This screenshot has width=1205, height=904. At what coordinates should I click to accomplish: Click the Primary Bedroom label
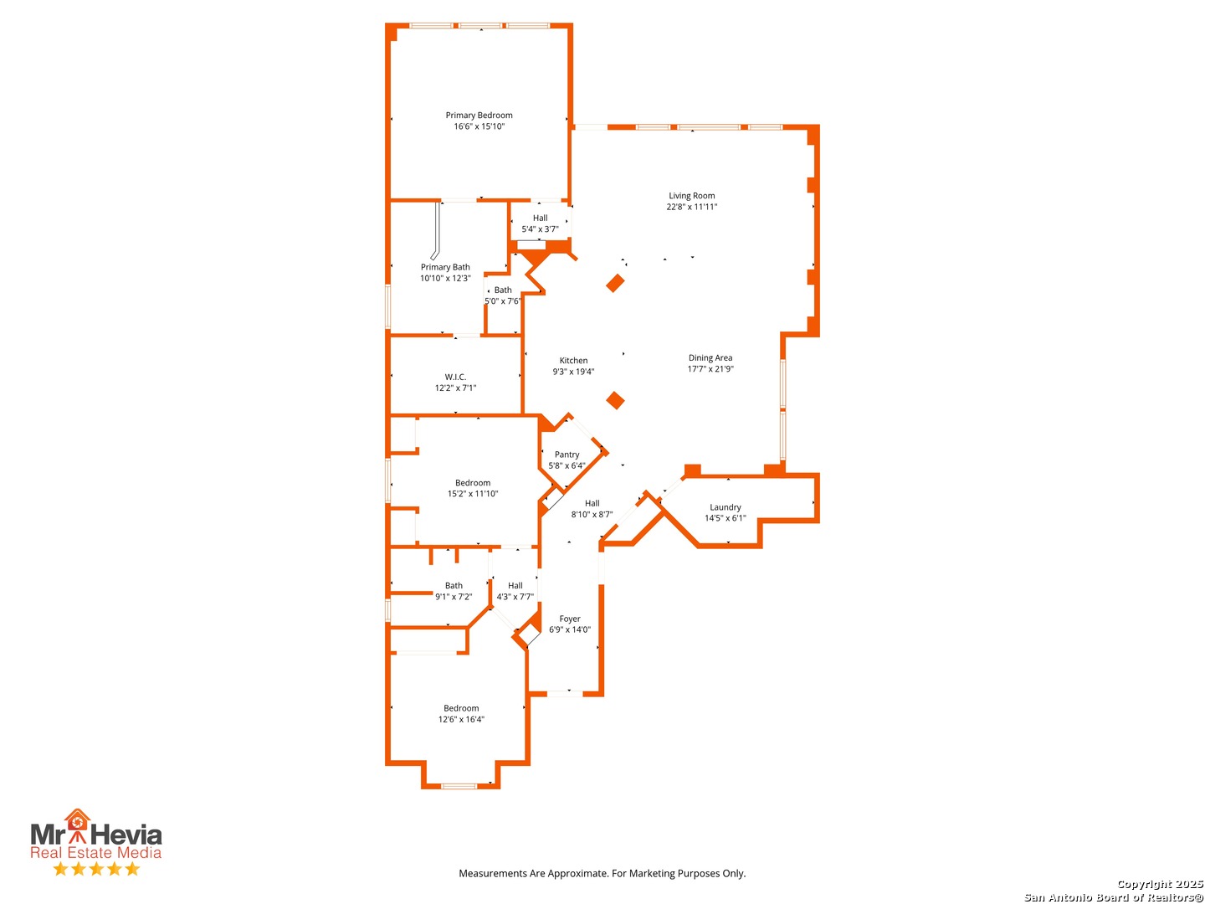coord(479,116)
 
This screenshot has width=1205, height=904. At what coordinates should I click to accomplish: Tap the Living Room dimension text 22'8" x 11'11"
coord(691,207)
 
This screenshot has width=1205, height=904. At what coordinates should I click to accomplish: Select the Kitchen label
coord(573,361)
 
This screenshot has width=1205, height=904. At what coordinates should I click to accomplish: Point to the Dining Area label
coord(710,358)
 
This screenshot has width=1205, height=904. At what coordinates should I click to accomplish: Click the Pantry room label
coord(567,455)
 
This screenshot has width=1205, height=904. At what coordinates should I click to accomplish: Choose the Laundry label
coord(725,507)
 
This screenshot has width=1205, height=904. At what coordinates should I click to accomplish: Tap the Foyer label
coord(569,619)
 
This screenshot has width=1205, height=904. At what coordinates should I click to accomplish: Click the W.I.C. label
coord(455,377)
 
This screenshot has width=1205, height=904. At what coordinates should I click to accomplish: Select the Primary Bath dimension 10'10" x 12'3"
coord(444,278)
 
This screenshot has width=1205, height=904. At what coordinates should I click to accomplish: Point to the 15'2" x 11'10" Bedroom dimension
coord(472,494)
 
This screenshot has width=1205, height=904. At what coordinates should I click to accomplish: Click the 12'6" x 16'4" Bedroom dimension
coord(460,719)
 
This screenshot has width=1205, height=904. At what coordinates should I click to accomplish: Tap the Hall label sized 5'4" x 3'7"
coord(540,218)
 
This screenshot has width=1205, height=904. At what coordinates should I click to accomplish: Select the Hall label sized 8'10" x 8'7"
coord(592,503)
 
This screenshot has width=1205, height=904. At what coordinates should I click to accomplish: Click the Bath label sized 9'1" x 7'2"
coord(454,586)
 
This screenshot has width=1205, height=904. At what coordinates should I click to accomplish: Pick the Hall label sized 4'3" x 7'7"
coord(515,586)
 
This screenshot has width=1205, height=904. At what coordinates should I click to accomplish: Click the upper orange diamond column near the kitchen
coord(615,283)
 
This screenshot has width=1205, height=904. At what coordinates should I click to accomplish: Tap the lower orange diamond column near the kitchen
coord(615,400)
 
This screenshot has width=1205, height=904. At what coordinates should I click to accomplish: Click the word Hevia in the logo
coord(126,835)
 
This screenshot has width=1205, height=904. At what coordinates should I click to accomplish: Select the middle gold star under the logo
coord(96,869)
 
